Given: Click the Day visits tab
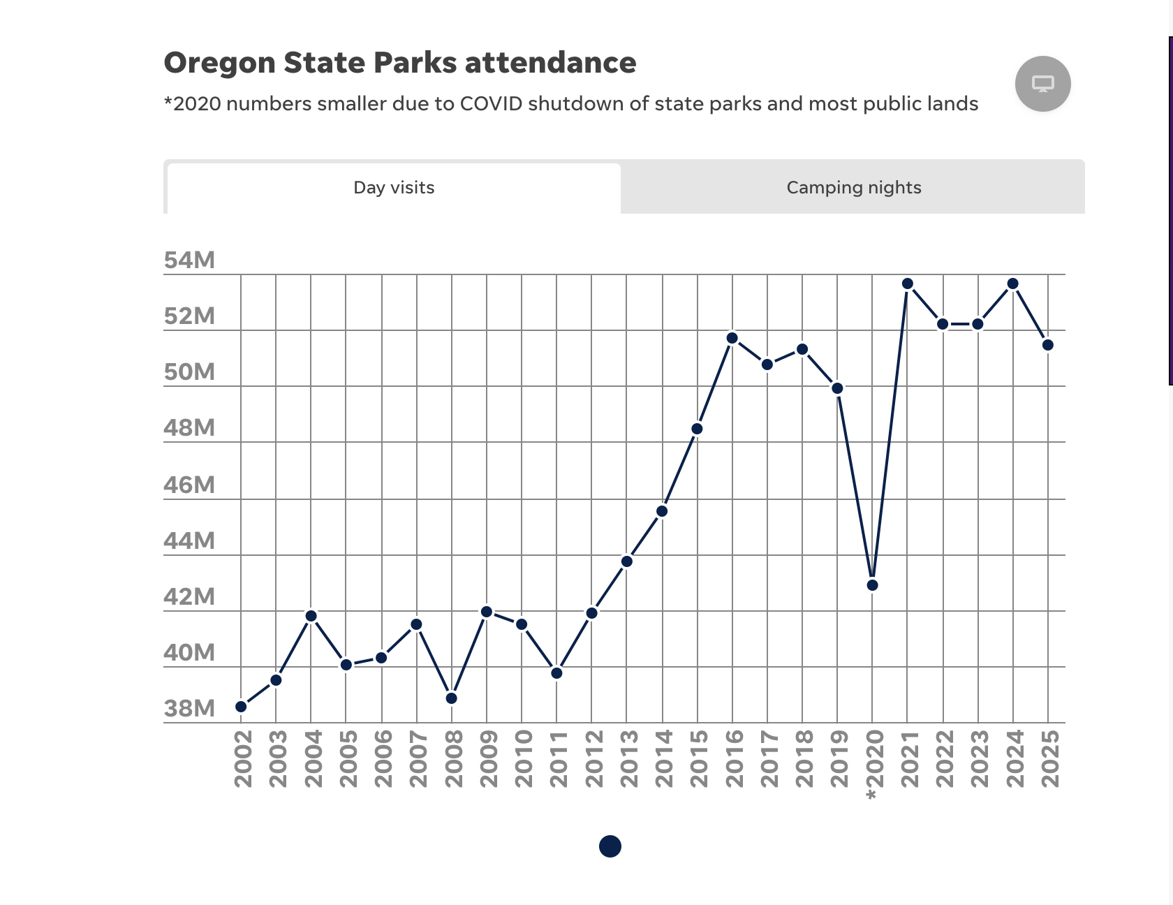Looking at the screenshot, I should pyautogui.click(x=394, y=188).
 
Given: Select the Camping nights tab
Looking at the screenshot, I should pyautogui.click(x=853, y=188).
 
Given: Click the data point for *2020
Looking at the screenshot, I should pyautogui.click(x=872, y=585).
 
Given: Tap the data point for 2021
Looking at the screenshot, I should pyautogui.click(x=908, y=284).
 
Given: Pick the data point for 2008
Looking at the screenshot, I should pyautogui.click(x=452, y=698).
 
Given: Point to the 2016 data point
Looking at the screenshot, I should pyautogui.click(x=732, y=338).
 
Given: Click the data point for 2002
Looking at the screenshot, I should pyautogui.click(x=241, y=707).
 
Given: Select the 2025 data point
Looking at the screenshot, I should pyautogui.click(x=1048, y=345).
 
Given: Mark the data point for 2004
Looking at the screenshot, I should pyautogui.click(x=311, y=616).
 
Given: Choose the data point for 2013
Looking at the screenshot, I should pyautogui.click(x=627, y=561).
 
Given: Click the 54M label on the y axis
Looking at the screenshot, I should pyautogui.click(x=189, y=260).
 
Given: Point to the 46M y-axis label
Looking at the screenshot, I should pyautogui.click(x=189, y=485).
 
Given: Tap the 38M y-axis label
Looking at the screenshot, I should pyautogui.click(x=189, y=709).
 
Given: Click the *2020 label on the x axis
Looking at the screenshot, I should pyautogui.click(x=873, y=765).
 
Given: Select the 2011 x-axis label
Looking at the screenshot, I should pyautogui.click(x=557, y=759).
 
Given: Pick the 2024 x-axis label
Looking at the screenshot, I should pyautogui.click(x=1014, y=759).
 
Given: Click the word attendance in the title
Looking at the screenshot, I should pyautogui.click(x=550, y=63).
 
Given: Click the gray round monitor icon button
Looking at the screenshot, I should pyautogui.click(x=1042, y=84).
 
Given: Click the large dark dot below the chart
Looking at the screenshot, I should pyautogui.click(x=610, y=846).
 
